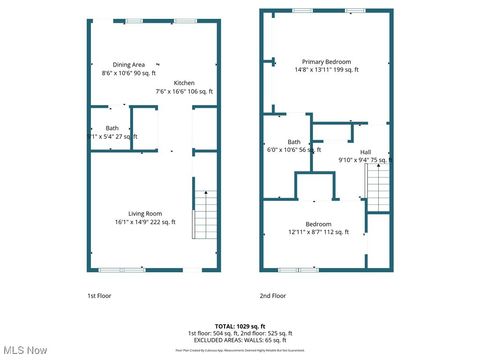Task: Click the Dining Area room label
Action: pyautogui.click(x=128, y=64)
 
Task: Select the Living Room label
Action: pyautogui.click(x=146, y=213)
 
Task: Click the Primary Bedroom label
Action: pyautogui.click(x=312, y=61)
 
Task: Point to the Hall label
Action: pyautogui.click(x=365, y=151)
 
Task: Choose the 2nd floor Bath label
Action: pyautogui.click(x=294, y=141)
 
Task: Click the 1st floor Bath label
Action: pyautogui.click(x=112, y=127)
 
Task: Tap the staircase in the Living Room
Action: pyautogui.click(x=204, y=213)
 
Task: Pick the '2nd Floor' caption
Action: pyautogui.click(x=272, y=296)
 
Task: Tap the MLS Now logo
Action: pyautogui.click(x=25, y=350)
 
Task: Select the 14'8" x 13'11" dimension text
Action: pyautogui.click(x=312, y=70)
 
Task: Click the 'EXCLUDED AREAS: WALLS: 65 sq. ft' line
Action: pyautogui.click(x=240, y=341)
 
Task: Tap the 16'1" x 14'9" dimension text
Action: pyautogui.click(x=146, y=222)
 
